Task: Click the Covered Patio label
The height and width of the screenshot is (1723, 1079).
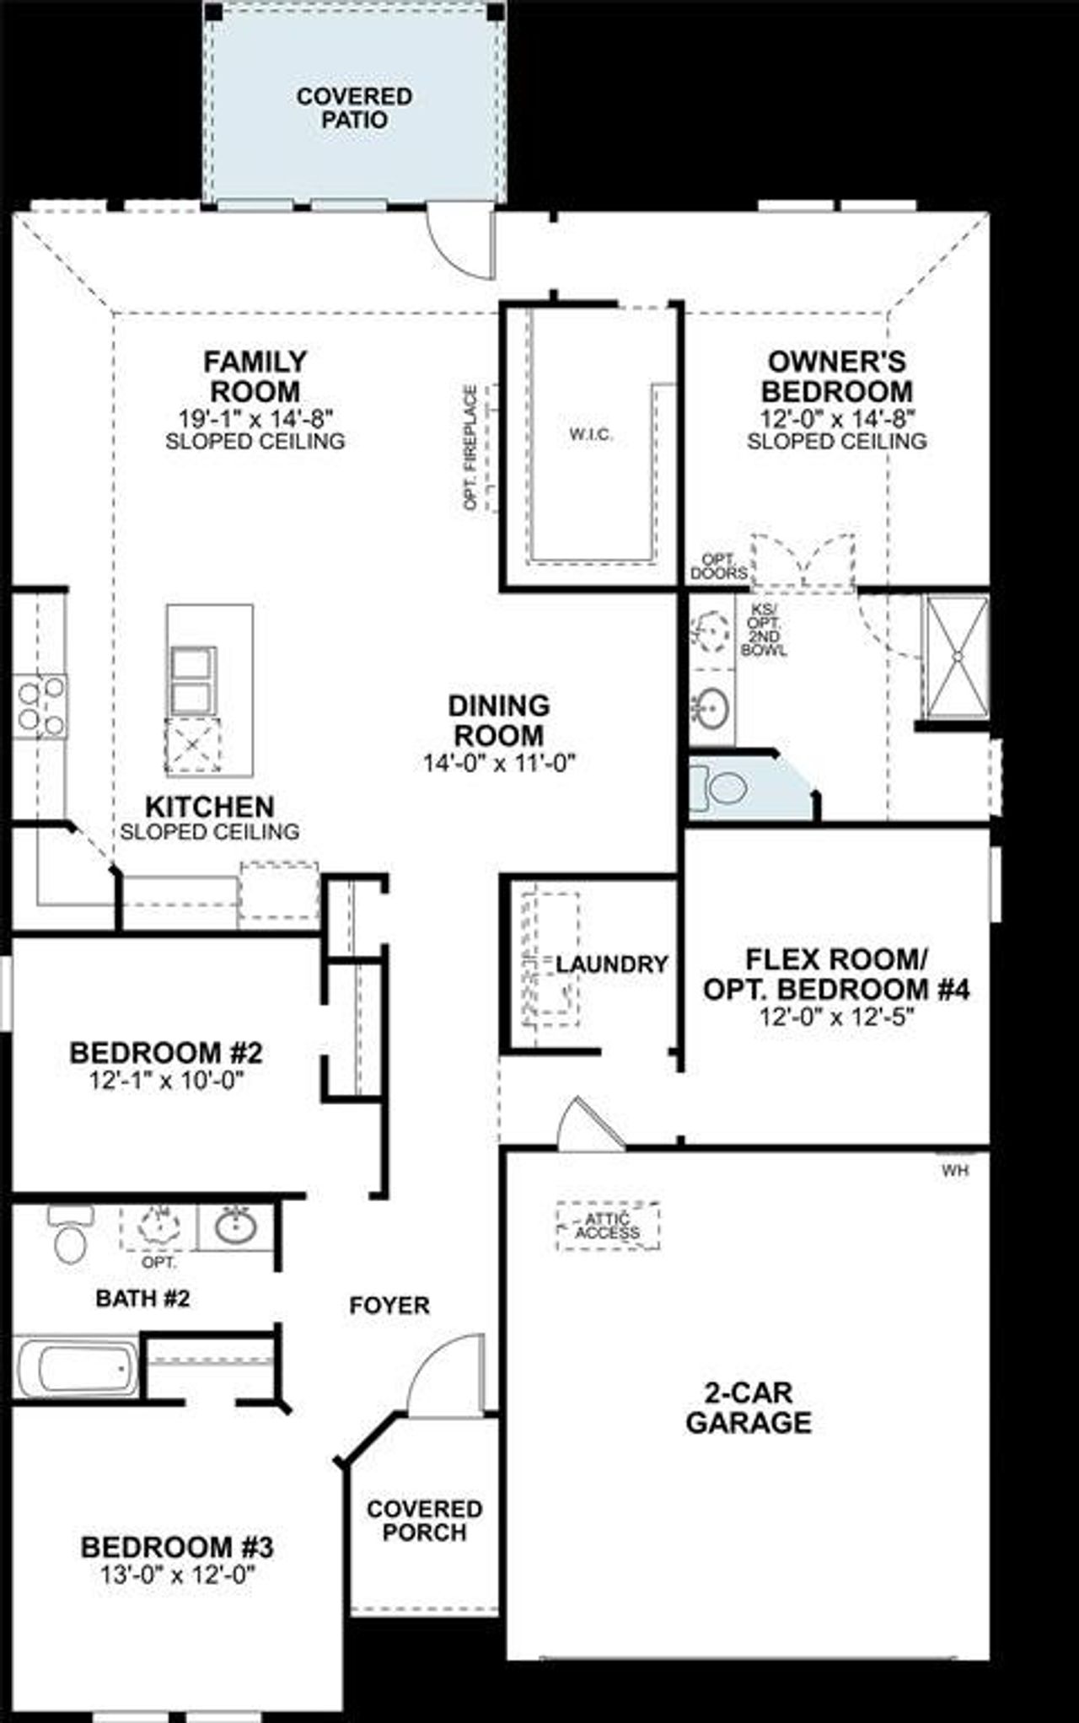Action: click(x=354, y=108)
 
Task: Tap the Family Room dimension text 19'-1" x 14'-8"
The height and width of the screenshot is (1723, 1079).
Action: click(x=255, y=416)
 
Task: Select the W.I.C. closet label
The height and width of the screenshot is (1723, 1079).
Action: click(x=591, y=435)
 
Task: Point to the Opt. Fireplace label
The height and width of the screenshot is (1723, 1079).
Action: click(x=470, y=448)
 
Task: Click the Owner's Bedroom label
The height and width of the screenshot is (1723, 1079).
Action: click(x=836, y=377)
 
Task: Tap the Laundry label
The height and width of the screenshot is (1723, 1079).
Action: click(x=611, y=963)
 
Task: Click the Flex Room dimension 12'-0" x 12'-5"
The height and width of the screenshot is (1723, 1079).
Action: click(x=836, y=1017)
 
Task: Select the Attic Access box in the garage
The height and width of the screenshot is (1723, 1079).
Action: click(x=608, y=1226)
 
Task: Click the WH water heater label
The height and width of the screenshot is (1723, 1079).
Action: click(x=954, y=1171)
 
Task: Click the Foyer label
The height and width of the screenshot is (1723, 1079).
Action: click(x=389, y=1306)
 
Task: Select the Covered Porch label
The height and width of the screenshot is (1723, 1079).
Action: click(x=424, y=1520)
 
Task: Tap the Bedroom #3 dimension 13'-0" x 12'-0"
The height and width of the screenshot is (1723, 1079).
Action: click(x=177, y=1574)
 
